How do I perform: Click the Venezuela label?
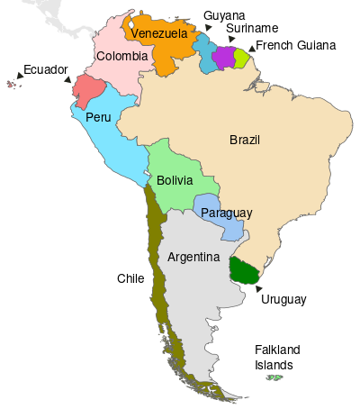(x=158, y=33)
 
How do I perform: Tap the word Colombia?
(x=121, y=56)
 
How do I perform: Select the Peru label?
(x=98, y=117)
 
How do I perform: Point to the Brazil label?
(x=245, y=140)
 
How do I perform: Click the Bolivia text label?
(x=174, y=180)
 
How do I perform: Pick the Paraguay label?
(x=226, y=213)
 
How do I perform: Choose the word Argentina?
(x=193, y=257)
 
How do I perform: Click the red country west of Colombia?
(x=89, y=91)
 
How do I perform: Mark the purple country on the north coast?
(x=223, y=56)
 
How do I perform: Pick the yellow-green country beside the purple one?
(x=241, y=58)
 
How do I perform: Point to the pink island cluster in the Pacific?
(x=12, y=84)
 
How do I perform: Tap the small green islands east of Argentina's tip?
(x=274, y=377)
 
